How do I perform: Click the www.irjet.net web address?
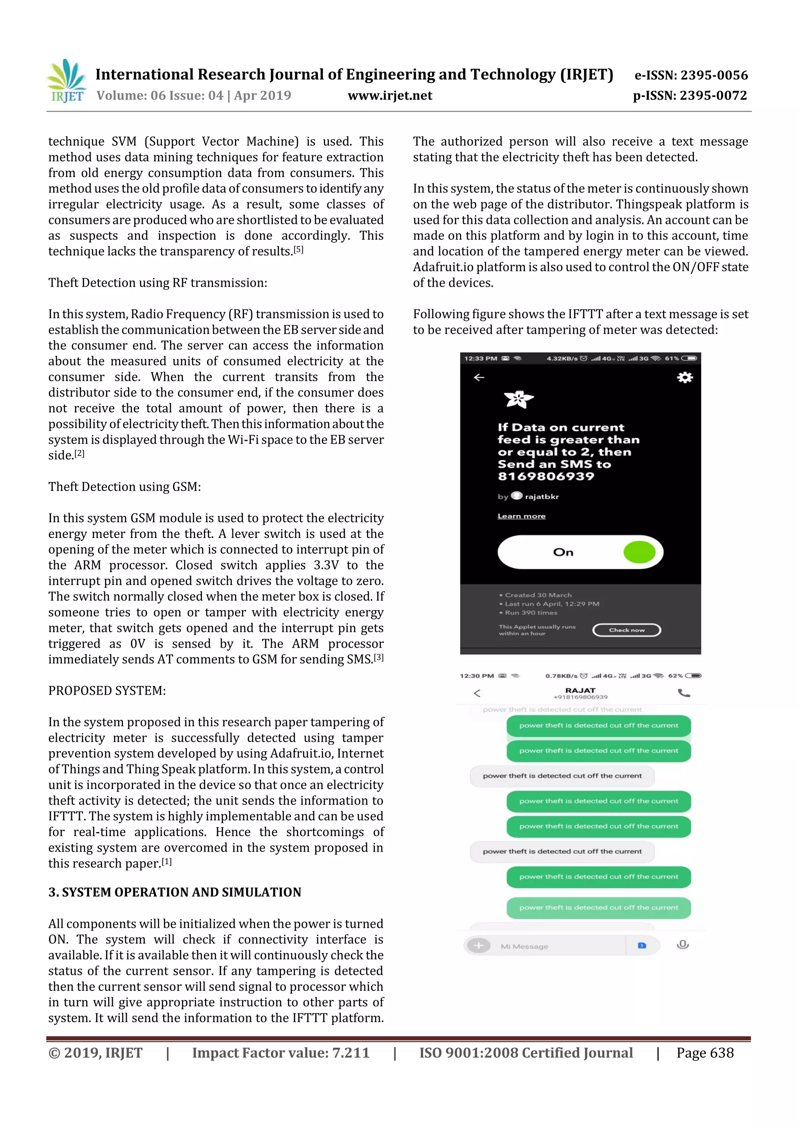[x=390, y=95]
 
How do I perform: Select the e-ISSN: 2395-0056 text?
[x=691, y=75]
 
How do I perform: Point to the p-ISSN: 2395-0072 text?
[x=690, y=95]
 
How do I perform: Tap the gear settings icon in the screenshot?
[x=685, y=377]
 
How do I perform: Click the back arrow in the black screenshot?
[x=479, y=377]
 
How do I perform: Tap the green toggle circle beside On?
[x=639, y=552]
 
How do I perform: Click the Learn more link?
[x=521, y=516]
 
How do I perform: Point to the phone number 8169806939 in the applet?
[x=546, y=476]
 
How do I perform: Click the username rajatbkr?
[x=542, y=497]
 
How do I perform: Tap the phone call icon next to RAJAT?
[x=684, y=693]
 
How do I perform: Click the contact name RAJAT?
[x=580, y=690]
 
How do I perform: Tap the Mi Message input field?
[x=560, y=946]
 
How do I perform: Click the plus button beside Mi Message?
[x=479, y=945]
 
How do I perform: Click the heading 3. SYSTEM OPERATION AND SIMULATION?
[x=174, y=892]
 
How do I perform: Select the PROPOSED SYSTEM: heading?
[x=107, y=691]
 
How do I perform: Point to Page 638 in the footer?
[x=705, y=1052]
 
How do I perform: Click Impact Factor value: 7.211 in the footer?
[x=281, y=1052]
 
